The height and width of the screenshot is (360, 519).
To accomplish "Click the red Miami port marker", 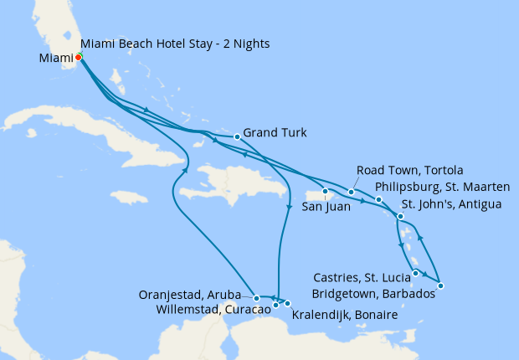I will (78, 57).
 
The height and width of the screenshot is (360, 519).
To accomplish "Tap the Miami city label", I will (55, 58).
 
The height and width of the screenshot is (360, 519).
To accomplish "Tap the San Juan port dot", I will (325, 192).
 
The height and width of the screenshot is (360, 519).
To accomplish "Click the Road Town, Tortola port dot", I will (352, 193).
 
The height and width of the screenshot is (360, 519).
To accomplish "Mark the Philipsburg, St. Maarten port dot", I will (378, 199).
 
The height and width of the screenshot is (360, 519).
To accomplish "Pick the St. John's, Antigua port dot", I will (400, 217).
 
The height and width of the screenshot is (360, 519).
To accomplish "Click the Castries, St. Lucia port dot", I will (416, 273).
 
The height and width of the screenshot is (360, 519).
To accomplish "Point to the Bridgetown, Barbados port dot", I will (440, 286).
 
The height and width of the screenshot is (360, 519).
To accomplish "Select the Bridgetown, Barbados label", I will (373, 294).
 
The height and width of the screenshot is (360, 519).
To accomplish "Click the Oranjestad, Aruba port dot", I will (256, 298).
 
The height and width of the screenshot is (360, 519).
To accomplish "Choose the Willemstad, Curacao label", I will (213, 309).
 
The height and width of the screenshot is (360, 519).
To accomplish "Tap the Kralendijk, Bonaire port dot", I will (287, 303).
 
